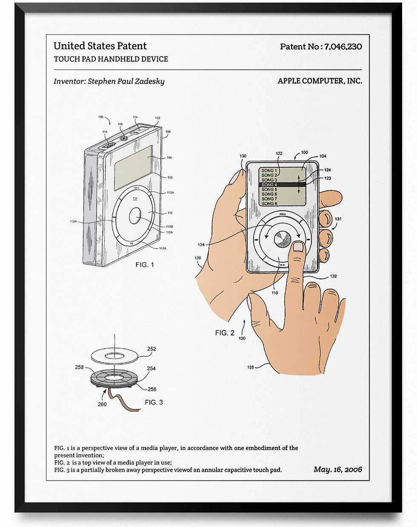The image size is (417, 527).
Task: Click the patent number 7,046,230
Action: coord(343,47)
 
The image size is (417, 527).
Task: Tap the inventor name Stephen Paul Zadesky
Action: coord(126,81)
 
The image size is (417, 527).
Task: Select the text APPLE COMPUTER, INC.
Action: coord(320,81)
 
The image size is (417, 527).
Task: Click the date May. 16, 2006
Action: coord(337,469)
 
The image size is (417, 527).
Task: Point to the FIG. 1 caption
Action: coord(145,264)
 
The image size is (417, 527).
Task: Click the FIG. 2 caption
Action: coord(224,333)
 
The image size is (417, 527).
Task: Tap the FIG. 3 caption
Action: coord(154,402)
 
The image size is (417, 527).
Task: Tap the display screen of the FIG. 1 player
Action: coord(133,167)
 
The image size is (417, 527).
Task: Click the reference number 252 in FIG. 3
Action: coord(151,349)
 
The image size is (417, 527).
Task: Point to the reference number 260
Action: coord(102,404)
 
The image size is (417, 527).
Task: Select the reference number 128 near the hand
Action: coord(251,367)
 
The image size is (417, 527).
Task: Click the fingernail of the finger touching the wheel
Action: coord(298,247)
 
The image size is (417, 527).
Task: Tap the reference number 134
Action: coord(201,244)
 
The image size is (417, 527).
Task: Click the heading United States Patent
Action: coord(100,46)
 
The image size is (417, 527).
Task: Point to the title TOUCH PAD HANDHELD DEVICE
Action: coord(111,59)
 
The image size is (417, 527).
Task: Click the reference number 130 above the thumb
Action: coord(243,156)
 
